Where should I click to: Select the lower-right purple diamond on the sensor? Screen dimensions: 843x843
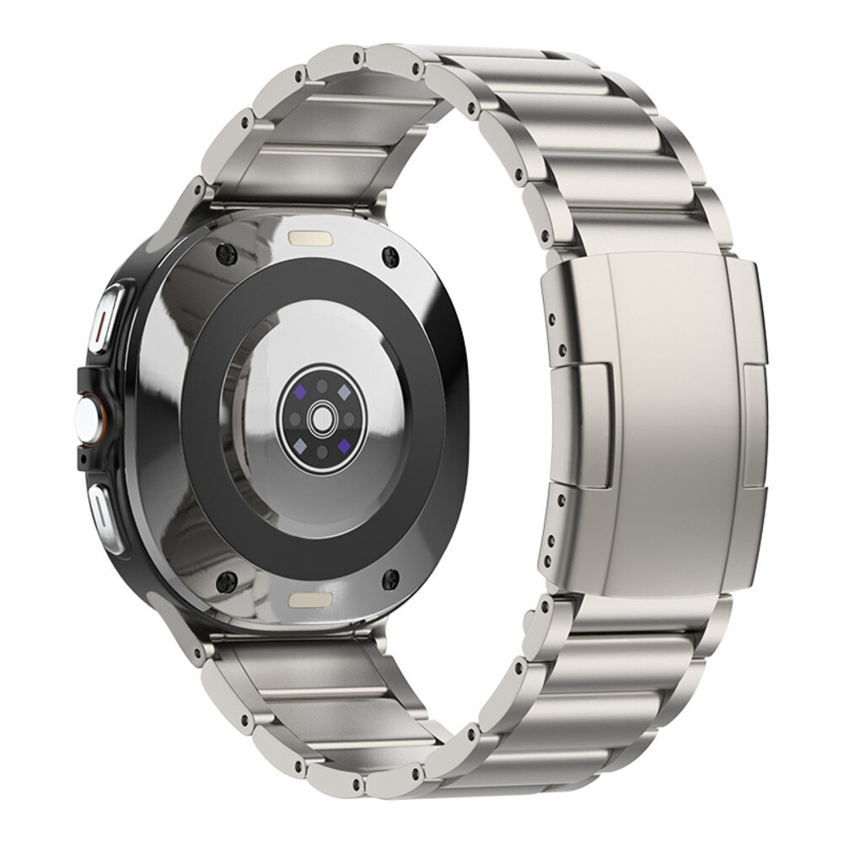343,443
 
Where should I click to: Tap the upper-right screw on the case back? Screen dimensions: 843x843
389,253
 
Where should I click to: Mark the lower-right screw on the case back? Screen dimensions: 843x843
391,578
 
